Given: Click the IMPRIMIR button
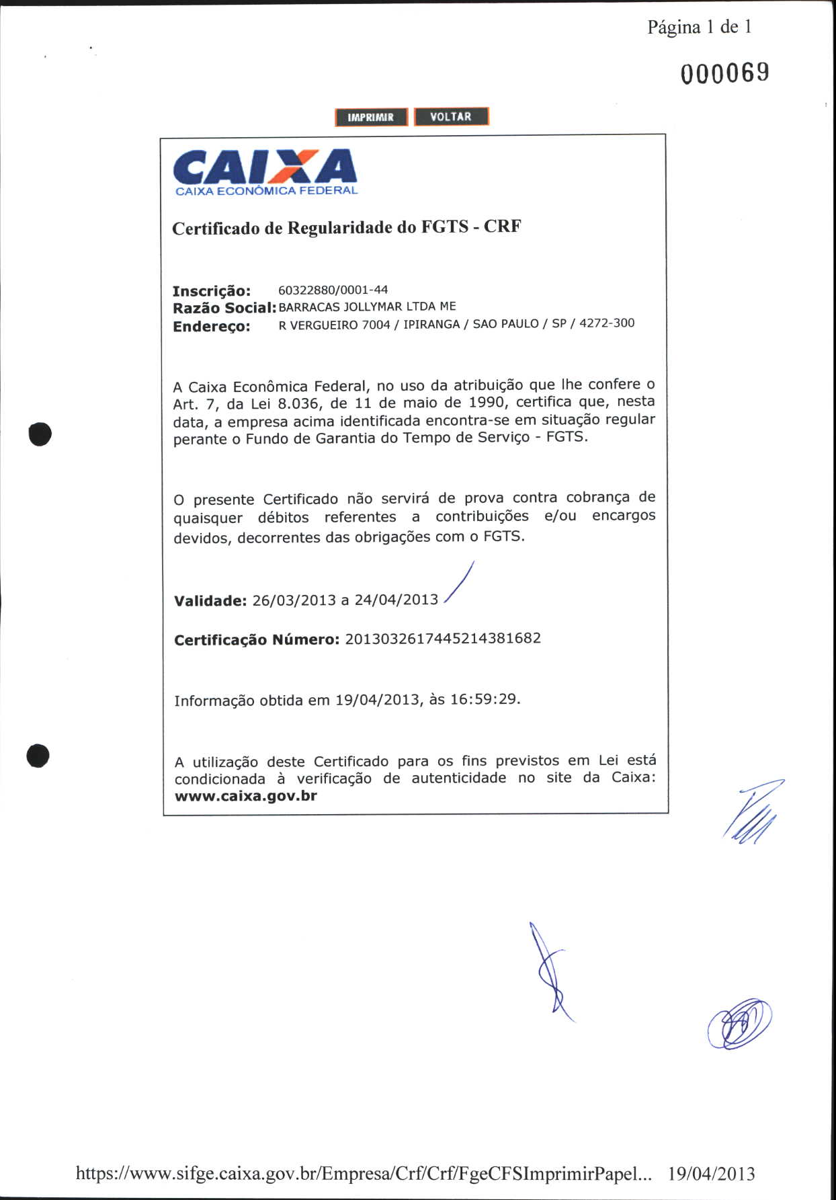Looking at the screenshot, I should click(x=371, y=117).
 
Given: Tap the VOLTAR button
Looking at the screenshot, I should click(x=451, y=116).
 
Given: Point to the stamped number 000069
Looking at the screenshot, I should click(x=724, y=73).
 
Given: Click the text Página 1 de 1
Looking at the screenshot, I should click(x=699, y=27).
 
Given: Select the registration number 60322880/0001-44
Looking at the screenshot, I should click(x=333, y=290).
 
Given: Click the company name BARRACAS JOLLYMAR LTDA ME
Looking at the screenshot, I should click(x=367, y=307).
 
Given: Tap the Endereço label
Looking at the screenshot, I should click(x=211, y=327).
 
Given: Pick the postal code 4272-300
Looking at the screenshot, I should click(x=607, y=323).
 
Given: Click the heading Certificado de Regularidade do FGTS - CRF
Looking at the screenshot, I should click(x=346, y=227).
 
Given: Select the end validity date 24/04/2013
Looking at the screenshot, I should click(x=396, y=599).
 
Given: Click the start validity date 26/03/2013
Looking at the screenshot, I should click(x=294, y=600).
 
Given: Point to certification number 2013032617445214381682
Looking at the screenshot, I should click(x=443, y=638).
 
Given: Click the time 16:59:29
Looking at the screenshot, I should click(x=483, y=699).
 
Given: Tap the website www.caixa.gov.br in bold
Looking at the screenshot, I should click(x=245, y=796).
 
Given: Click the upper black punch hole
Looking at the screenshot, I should click(x=40, y=434).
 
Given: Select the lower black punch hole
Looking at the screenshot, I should click(x=38, y=755).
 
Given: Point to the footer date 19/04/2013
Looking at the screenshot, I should click(x=711, y=1174).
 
